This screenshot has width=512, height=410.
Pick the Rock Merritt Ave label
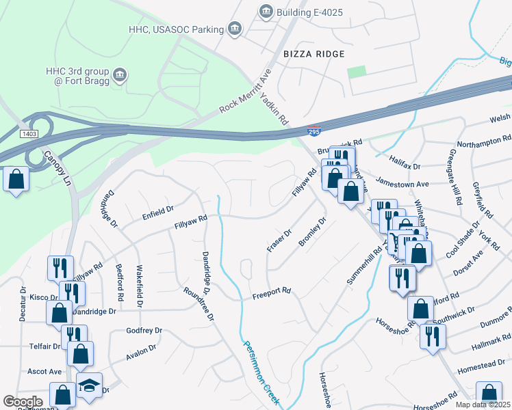coord(246,91)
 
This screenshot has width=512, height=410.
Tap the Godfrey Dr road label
coord(144,331)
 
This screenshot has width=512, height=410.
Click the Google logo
coord(23,402)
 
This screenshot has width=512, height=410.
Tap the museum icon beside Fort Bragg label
coord(120,74)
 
